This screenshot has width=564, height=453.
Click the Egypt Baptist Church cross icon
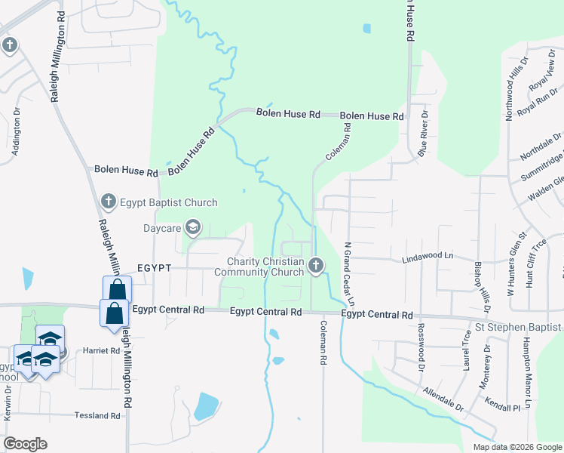point(108,202)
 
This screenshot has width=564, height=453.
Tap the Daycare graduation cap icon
point(193,226)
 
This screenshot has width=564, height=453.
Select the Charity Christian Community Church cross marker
point(316,266)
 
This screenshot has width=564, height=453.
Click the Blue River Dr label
point(424,137)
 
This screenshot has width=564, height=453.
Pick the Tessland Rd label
point(97,415)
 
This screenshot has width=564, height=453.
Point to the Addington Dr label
point(16,134)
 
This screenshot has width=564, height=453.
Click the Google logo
point(26,444)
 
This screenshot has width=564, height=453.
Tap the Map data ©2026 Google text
point(516,447)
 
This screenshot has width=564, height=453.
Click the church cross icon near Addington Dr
point(9,45)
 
